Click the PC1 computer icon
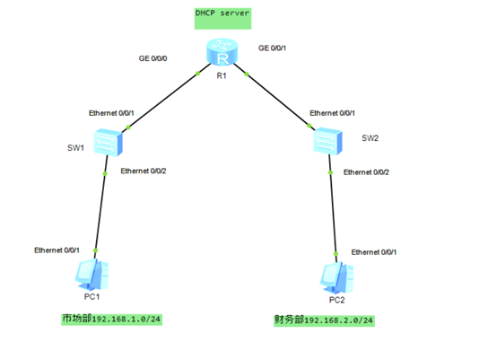90,271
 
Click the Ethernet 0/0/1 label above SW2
332,114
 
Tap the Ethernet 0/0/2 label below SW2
366,171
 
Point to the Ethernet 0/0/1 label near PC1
56,250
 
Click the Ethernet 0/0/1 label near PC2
373,252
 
